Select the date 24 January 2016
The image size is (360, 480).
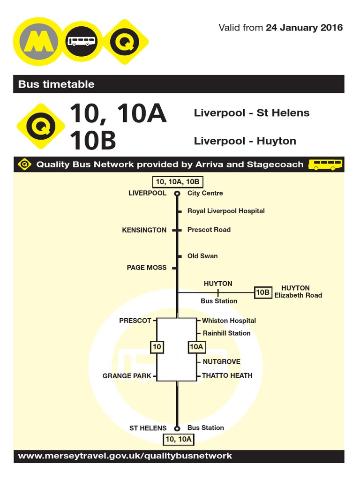click(x=304, y=28)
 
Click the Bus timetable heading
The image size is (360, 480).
click(x=56, y=84)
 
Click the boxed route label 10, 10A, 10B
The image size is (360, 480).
click(x=177, y=182)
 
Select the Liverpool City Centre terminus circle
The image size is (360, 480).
click(x=177, y=193)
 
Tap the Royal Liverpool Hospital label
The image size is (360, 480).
click(x=226, y=211)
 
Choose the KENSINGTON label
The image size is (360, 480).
click(x=144, y=230)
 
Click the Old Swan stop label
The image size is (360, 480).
click(x=202, y=256)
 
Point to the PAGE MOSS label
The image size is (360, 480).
click(x=146, y=268)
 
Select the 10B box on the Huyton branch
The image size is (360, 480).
click(x=262, y=292)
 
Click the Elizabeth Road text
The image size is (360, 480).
click(x=298, y=295)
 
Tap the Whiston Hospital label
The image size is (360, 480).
click(x=229, y=321)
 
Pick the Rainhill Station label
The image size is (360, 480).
click(x=226, y=333)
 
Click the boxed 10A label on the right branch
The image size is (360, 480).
click(x=196, y=347)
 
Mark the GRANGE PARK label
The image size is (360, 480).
click(x=127, y=376)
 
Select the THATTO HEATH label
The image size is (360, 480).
click(x=227, y=375)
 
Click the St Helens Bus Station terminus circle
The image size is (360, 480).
click(x=177, y=428)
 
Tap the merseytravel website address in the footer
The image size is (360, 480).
click(x=125, y=456)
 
